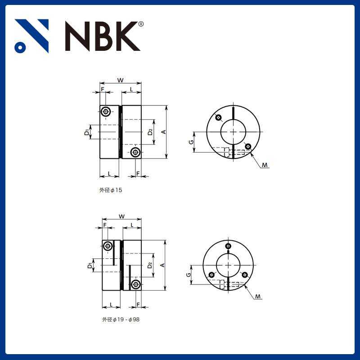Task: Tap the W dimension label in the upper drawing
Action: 120,80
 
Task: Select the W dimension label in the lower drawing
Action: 121,216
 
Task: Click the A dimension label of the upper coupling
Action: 163,131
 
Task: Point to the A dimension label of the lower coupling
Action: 163,265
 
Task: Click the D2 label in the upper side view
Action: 150,132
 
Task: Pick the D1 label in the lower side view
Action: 90,266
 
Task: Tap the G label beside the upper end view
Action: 191,142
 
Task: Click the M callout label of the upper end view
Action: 265,166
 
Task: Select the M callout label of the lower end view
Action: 257,297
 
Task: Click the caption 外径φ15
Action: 111,190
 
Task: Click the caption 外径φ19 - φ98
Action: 117,320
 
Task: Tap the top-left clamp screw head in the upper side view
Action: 106,112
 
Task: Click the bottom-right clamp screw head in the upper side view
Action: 135,152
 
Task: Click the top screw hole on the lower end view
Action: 229,246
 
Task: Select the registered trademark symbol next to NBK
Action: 141,24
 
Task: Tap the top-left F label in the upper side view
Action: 103,89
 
